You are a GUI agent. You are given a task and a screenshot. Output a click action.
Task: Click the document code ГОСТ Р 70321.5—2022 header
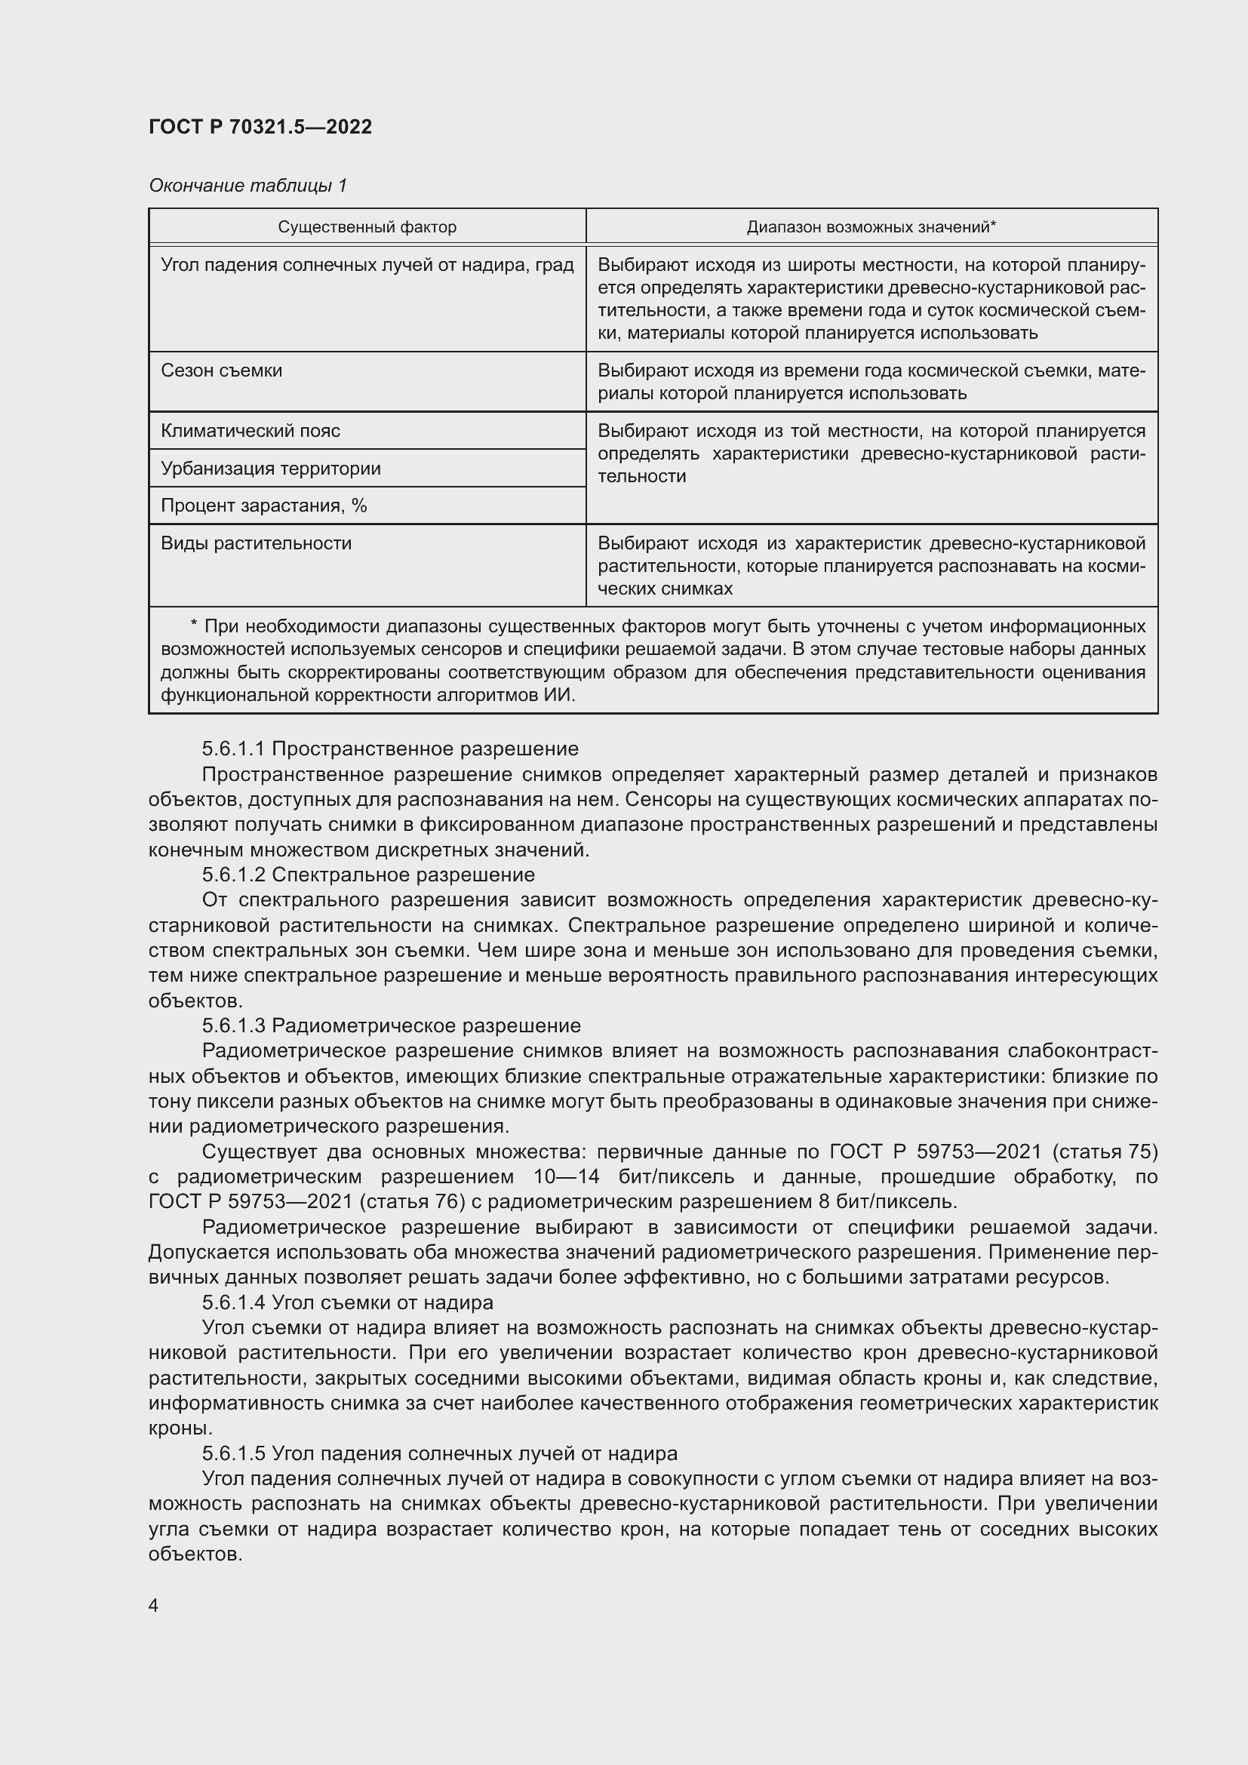coord(260,127)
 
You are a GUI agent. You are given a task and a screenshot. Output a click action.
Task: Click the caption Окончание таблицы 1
coord(247,186)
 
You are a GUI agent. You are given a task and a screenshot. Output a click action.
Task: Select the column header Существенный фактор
coord(367,227)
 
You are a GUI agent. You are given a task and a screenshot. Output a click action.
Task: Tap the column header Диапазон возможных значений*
coord(871,227)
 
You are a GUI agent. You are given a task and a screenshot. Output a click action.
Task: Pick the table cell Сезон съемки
coord(221,371)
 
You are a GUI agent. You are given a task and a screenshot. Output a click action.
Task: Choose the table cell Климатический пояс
coord(250,430)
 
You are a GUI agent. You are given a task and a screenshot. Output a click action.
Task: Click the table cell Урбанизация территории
coord(271,468)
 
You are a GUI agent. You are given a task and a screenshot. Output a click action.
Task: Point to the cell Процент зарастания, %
coord(263,505)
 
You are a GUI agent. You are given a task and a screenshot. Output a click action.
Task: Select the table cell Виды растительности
coord(256,543)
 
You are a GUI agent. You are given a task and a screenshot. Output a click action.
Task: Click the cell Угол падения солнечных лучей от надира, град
coord(367,265)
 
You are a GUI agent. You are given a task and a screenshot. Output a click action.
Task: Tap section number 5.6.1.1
coord(234,748)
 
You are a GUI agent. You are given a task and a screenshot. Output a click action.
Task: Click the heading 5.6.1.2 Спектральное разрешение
coord(368,874)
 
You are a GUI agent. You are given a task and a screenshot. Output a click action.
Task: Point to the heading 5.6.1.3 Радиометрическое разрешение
coord(391,1025)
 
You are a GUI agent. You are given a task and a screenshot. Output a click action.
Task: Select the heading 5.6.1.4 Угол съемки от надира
coord(347,1302)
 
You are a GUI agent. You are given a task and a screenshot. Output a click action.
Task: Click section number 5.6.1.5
coord(234,1453)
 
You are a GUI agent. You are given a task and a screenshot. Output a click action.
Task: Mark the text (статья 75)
coord(1104,1151)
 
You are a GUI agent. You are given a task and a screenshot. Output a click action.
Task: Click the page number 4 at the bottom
coord(154,1605)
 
